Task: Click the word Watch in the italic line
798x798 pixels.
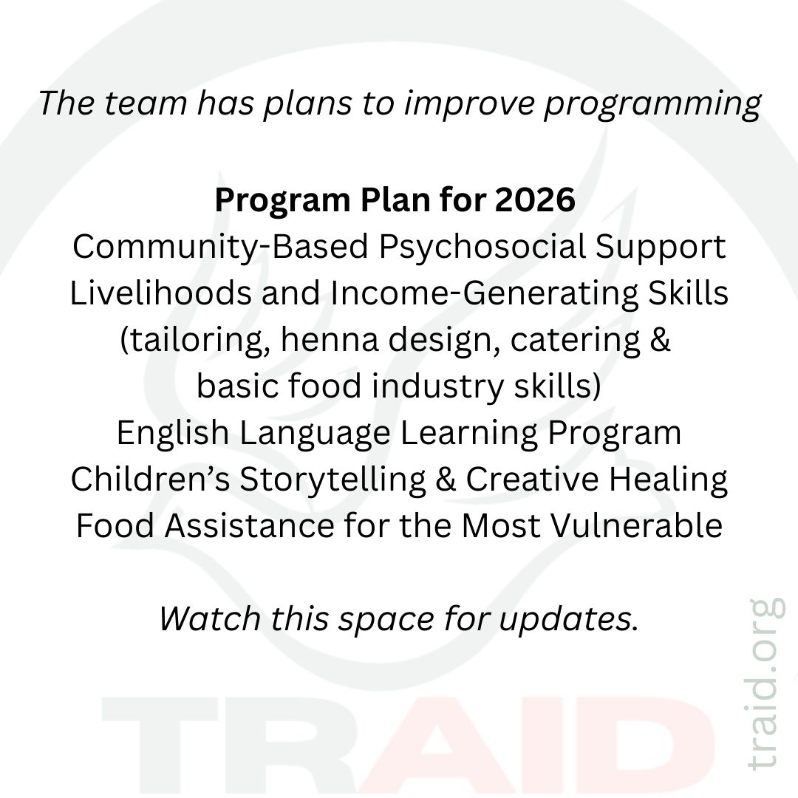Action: pyautogui.click(x=210, y=619)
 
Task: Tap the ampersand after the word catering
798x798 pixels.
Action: pyautogui.click(x=660, y=340)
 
